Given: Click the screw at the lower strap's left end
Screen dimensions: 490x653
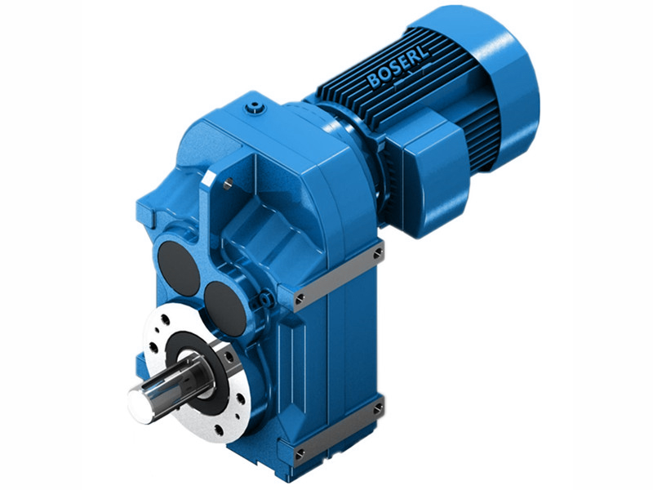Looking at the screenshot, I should (x=300, y=452).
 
